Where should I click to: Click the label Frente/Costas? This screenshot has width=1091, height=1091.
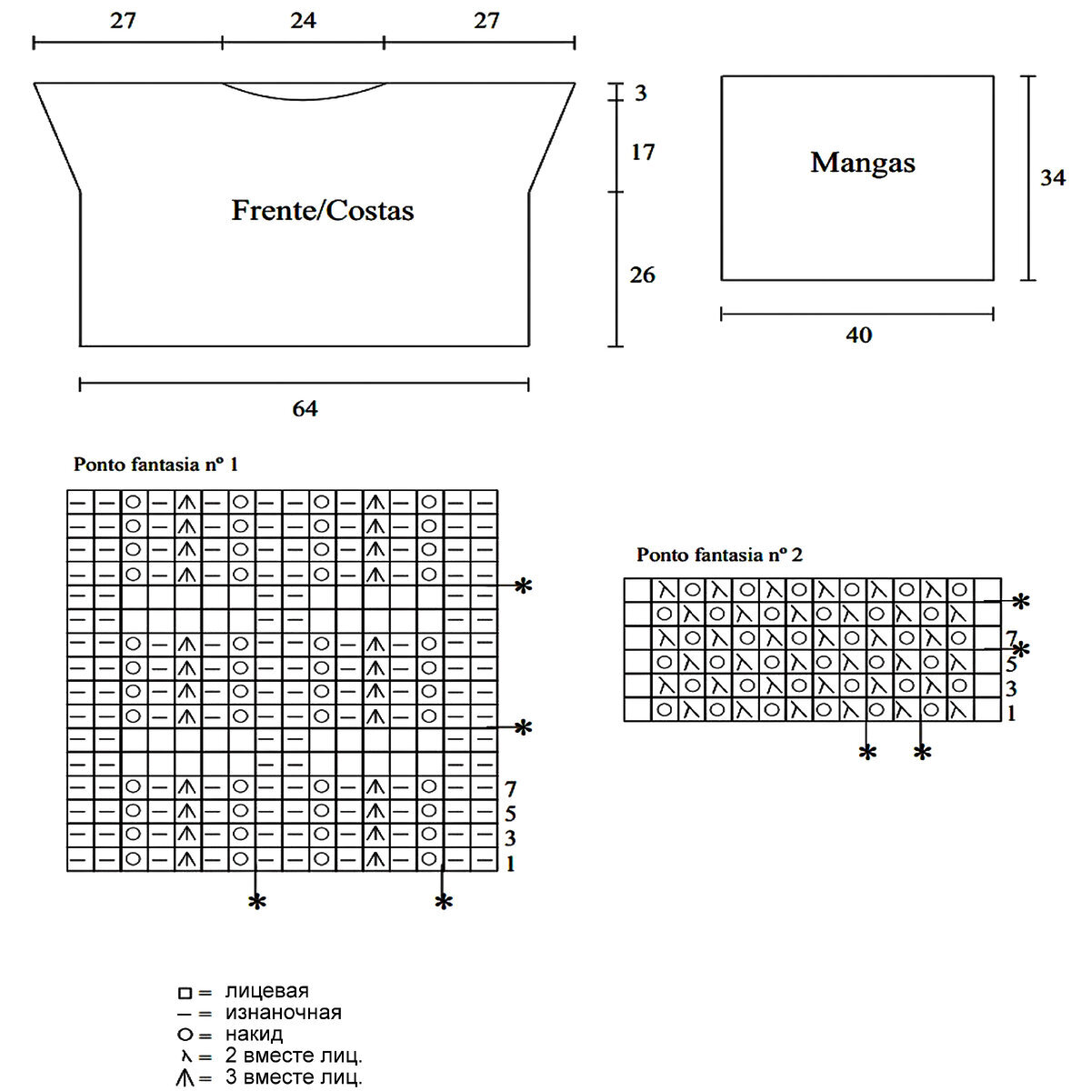click(x=323, y=211)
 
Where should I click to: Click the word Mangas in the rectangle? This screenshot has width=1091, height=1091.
click(x=863, y=163)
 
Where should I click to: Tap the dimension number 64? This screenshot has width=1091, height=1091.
click(x=305, y=409)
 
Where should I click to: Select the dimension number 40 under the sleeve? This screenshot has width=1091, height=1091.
click(x=858, y=335)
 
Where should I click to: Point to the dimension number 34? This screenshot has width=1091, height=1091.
click(x=1053, y=177)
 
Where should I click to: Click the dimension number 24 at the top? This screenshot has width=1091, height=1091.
click(x=303, y=21)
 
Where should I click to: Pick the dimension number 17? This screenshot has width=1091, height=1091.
click(x=643, y=153)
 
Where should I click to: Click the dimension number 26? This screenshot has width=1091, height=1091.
click(x=642, y=275)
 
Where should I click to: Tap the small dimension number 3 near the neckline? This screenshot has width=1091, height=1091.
click(x=641, y=93)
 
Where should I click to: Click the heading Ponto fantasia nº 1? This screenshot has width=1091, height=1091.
click(x=155, y=465)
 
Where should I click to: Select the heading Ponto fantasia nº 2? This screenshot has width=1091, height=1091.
click(x=719, y=555)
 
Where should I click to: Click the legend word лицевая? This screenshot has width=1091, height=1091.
click(x=266, y=991)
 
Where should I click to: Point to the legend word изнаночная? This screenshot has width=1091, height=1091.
click(x=283, y=1013)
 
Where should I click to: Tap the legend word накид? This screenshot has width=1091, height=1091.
click(x=254, y=1035)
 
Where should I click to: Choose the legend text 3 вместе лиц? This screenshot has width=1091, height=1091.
click(x=293, y=1078)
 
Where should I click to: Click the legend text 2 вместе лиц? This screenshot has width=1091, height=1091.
click(x=293, y=1056)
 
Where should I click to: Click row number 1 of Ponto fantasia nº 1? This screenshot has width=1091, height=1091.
click(x=510, y=864)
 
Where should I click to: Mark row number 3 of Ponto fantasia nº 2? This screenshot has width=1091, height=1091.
click(x=1011, y=689)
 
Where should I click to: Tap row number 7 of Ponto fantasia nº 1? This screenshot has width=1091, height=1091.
click(x=510, y=789)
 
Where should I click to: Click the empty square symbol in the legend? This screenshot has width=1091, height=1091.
click(x=185, y=993)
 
